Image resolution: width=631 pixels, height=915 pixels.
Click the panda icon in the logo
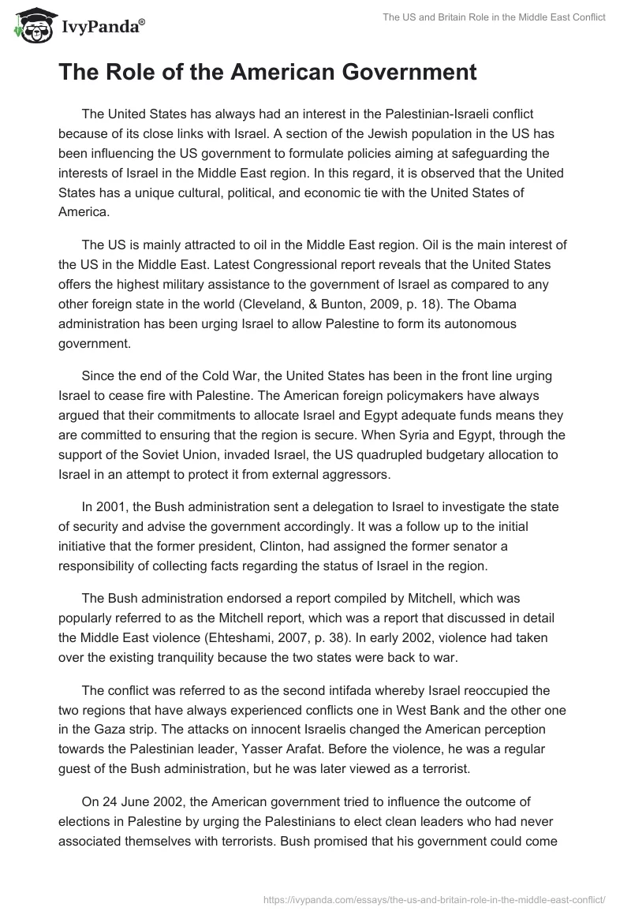[29, 27]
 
